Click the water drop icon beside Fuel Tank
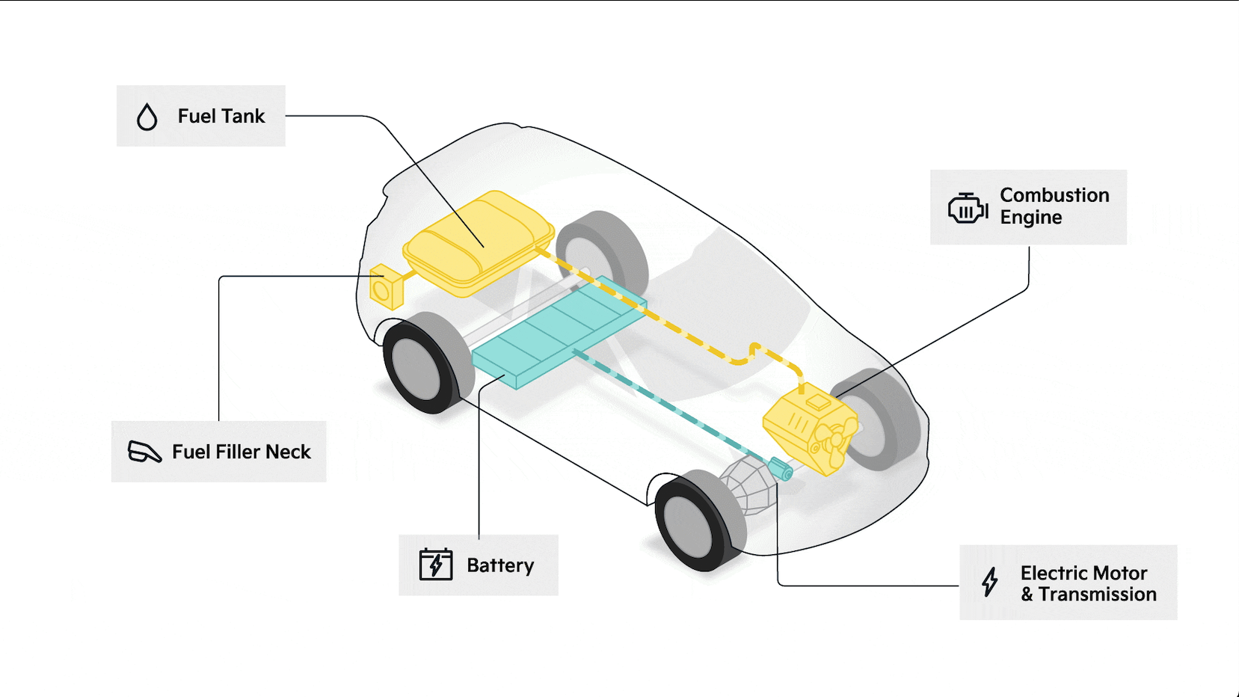pos(147,117)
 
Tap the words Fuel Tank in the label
pos(221,117)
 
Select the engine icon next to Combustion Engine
pos(967,208)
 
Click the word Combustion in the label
pos(1054,195)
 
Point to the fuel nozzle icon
pos(144,452)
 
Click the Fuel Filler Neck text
pos(242,452)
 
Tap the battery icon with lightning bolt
pos(436,565)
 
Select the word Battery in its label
pos(500,565)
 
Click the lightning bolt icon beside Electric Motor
pos(990,582)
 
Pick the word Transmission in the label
pos(1097,595)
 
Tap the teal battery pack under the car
pos(557,329)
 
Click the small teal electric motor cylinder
pos(781,470)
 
